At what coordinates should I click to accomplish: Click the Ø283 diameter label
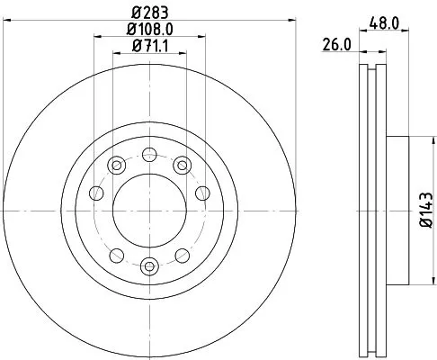[148, 12]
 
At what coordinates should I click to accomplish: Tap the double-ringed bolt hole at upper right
[182, 164]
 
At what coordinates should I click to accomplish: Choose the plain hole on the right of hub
[202, 193]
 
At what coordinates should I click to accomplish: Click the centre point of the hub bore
[149, 209]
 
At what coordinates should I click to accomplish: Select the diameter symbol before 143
[426, 225]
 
